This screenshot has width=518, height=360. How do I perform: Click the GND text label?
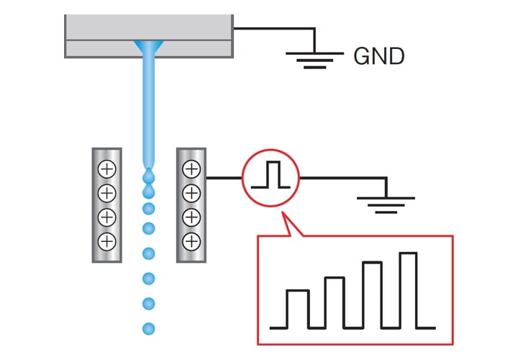point(378,56)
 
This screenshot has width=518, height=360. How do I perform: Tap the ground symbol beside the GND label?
point(314,58)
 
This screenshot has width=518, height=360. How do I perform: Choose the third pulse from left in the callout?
point(372,294)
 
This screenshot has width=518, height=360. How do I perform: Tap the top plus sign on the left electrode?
point(106,170)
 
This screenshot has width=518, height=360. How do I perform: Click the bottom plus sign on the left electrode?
point(106,240)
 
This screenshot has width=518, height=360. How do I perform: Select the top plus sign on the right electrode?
point(191,170)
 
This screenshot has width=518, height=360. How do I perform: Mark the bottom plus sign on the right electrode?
point(191,240)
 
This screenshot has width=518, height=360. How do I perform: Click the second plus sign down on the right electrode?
point(191,193)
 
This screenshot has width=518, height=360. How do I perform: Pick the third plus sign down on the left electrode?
point(106,217)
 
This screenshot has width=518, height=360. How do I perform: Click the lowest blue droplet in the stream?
point(149,328)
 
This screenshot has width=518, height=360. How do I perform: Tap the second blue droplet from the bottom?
point(149,302)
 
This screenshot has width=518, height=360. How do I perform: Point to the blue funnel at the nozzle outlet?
point(149,48)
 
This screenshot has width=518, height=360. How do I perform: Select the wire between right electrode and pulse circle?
point(224,176)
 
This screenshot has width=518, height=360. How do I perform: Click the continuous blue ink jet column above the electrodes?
point(149,108)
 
